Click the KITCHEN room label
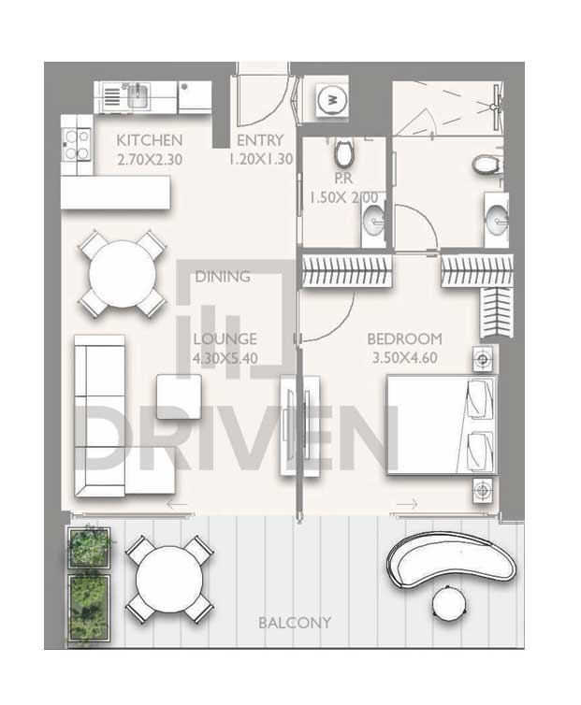[150, 140]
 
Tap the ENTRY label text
[260, 140]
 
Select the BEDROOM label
[404, 338]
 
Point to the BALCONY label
[295, 623]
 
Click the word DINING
[223, 277]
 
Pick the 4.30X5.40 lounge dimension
[225, 358]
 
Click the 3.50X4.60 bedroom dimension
[404, 358]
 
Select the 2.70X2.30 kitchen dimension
[150, 160]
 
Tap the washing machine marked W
[332, 99]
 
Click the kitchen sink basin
[138, 96]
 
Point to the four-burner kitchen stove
[77, 144]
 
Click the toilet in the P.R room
[344, 151]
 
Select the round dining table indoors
[123, 273]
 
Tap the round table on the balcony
[169, 579]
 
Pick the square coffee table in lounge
[179, 397]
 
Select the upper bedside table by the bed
[484, 359]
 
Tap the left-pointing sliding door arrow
[177, 505]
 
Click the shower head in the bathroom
[496, 107]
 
